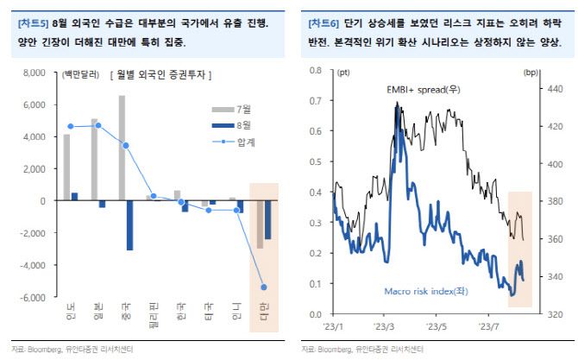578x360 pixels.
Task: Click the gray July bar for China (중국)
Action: pos(122,148)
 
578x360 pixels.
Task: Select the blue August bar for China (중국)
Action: pos(130,224)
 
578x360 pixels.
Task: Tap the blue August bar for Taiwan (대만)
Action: pos(267,219)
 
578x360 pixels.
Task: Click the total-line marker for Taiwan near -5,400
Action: pos(263,287)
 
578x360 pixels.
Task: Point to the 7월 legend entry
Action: pos(233,109)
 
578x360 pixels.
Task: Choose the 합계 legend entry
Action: pos(233,140)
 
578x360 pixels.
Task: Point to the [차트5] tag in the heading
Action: pos(33,23)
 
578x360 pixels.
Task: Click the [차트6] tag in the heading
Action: pos(322,23)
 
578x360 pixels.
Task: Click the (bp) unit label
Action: pos(547,74)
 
